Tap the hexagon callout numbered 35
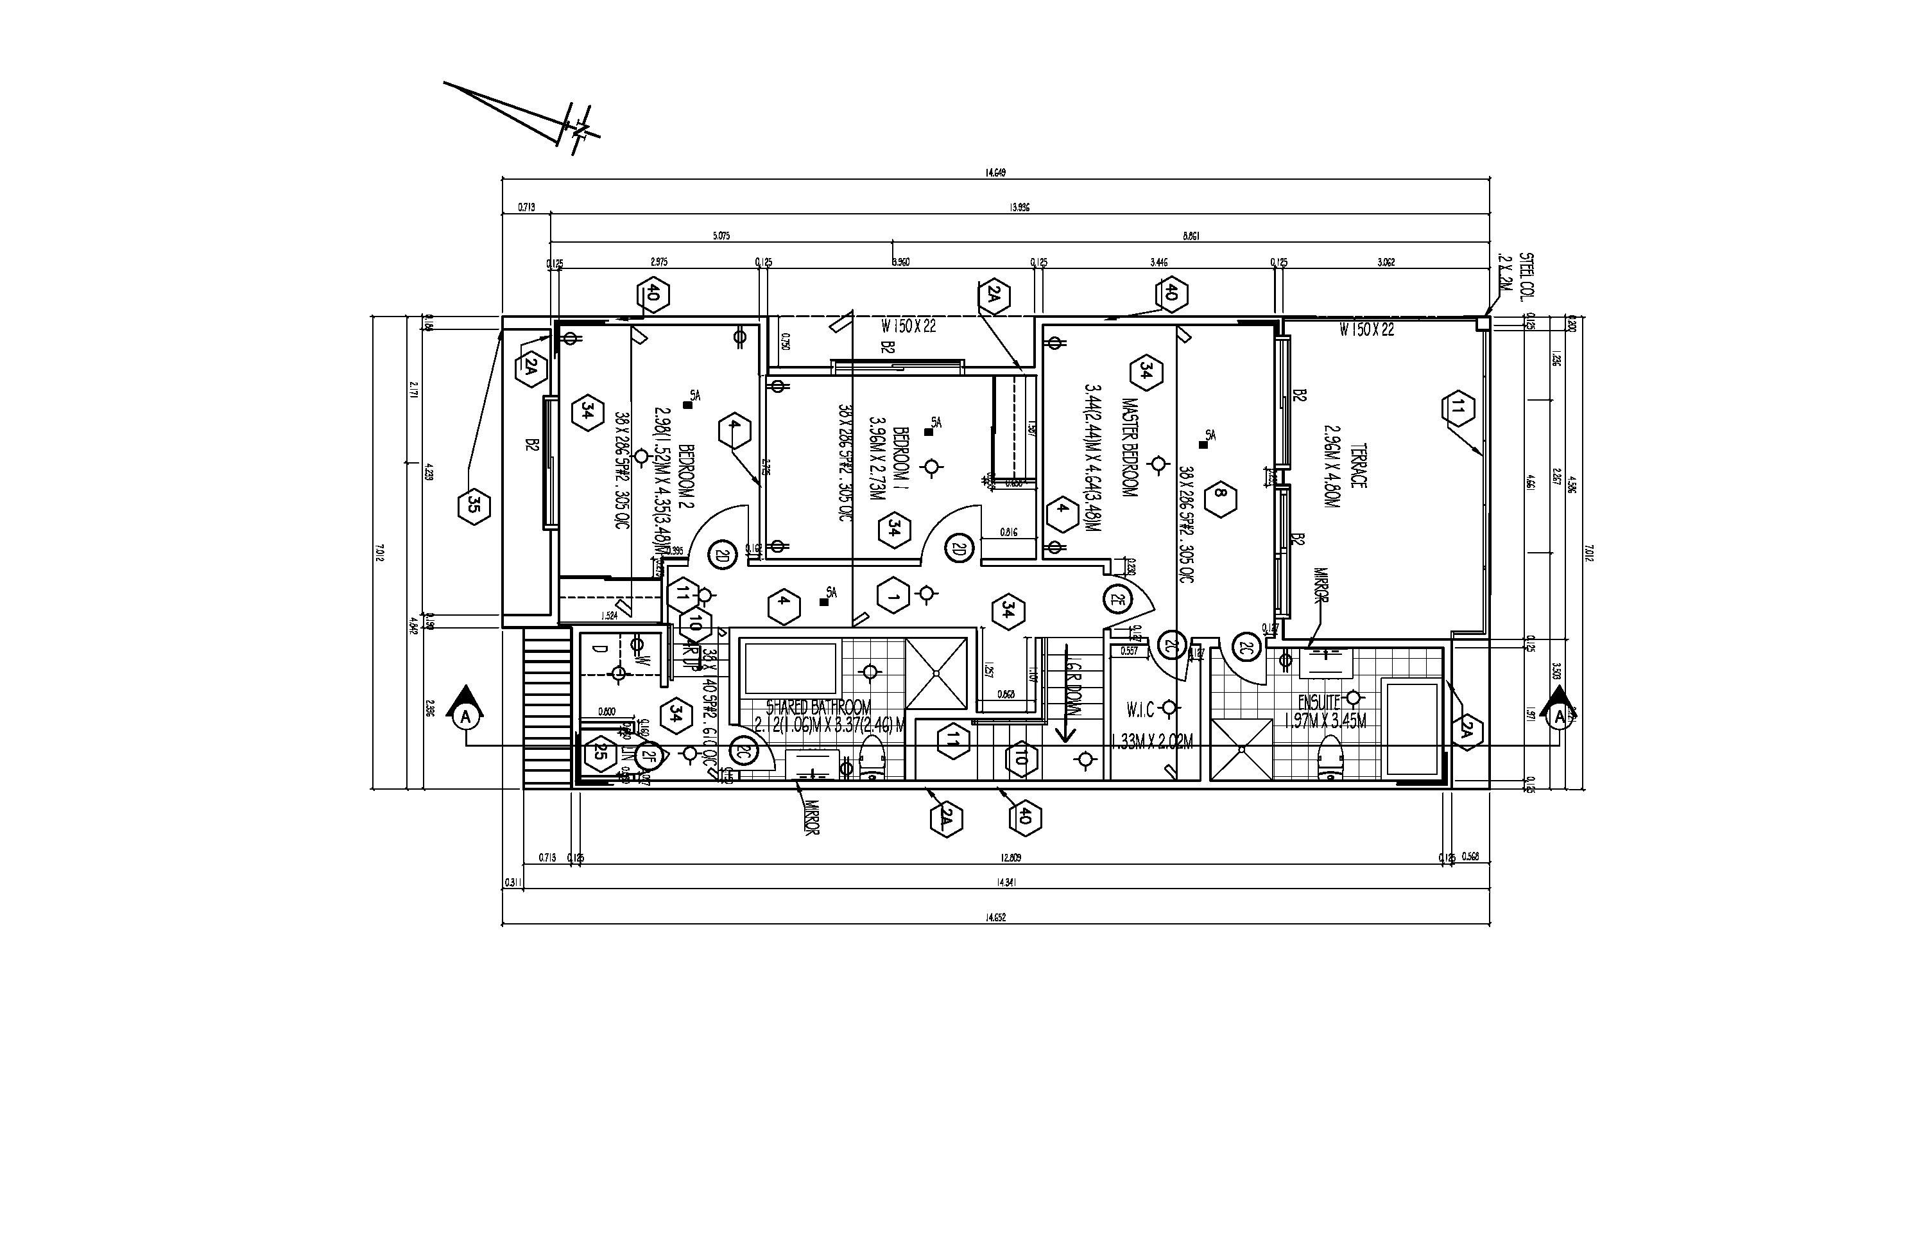tap(474, 506)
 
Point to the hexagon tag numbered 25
tap(599, 752)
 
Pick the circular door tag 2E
tap(1117, 599)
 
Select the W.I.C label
tap(1140, 709)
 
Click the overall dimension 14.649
tap(995, 173)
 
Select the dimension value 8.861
tap(1191, 237)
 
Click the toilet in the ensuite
tap(1329, 759)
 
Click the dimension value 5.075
tap(721, 237)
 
